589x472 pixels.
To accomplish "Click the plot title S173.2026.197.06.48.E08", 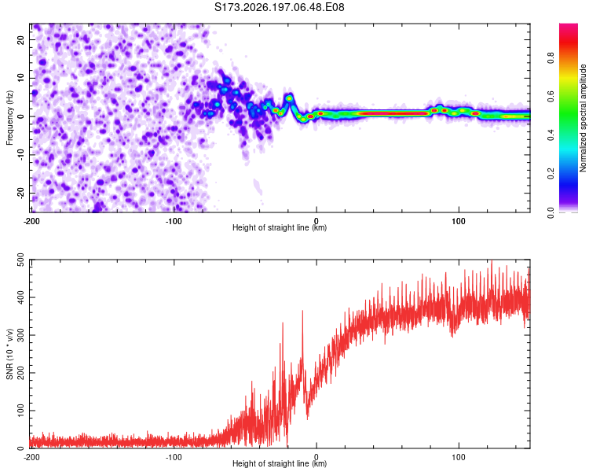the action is (279, 7).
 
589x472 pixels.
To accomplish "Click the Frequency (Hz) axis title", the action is (9, 118).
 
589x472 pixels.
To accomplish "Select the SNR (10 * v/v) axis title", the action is (9, 354).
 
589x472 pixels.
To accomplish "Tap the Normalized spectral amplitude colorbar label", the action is (583, 118).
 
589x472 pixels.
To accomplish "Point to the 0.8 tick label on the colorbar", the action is (551, 58).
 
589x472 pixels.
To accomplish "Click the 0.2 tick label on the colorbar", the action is (551, 174).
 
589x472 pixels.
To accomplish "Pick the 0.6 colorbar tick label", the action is (551, 96).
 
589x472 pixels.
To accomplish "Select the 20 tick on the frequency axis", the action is (20, 39).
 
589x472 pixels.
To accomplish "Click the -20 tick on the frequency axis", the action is (20, 193).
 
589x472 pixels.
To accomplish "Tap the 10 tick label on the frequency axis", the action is (20, 78).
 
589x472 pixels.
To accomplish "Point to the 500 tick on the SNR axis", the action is (20, 260).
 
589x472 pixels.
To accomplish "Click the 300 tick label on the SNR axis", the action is (20, 335).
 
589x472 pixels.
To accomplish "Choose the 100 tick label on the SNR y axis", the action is (20, 411).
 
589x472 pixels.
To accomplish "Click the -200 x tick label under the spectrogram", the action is (31, 221).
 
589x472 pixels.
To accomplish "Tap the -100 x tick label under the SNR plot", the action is (174, 457).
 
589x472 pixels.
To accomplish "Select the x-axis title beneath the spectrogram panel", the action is (280, 227).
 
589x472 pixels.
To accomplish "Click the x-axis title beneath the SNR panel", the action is (280, 463).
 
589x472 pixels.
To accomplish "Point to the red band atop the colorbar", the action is (569, 38).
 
